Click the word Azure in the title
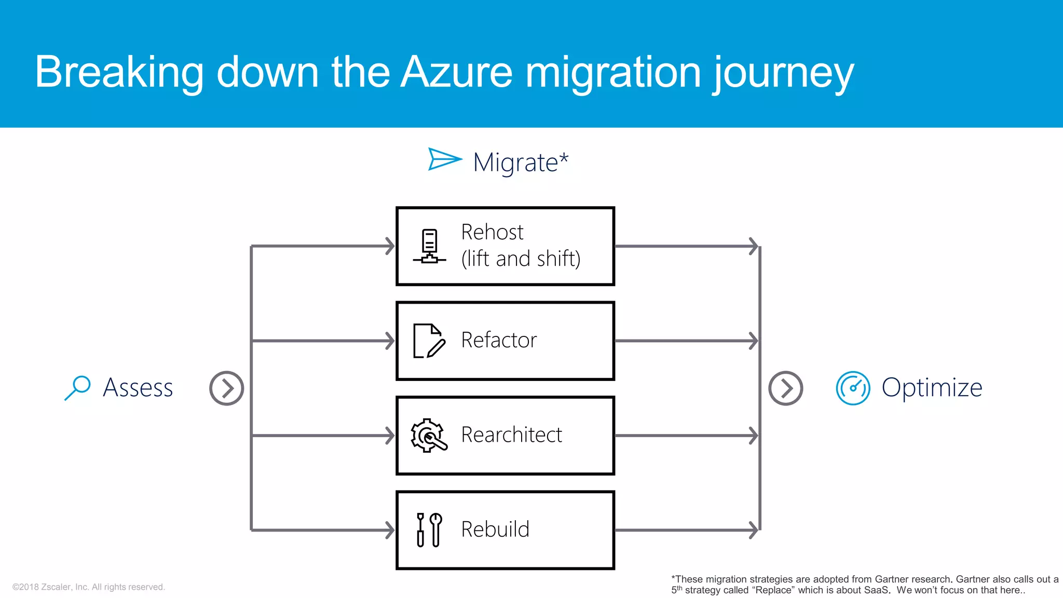(457, 73)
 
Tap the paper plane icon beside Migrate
(444, 159)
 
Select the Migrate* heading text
(521, 162)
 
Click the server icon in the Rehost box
(429, 246)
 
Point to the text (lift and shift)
(521, 259)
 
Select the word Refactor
(499, 340)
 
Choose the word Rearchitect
(511, 435)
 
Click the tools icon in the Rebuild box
(429, 529)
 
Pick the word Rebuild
(495, 529)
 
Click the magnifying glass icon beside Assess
(78, 387)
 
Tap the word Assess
(138, 388)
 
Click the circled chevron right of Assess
(226, 388)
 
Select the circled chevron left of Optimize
(785, 388)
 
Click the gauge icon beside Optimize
(853, 388)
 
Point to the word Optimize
(932, 388)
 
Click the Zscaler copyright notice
(89, 587)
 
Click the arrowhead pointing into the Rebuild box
(390, 530)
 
